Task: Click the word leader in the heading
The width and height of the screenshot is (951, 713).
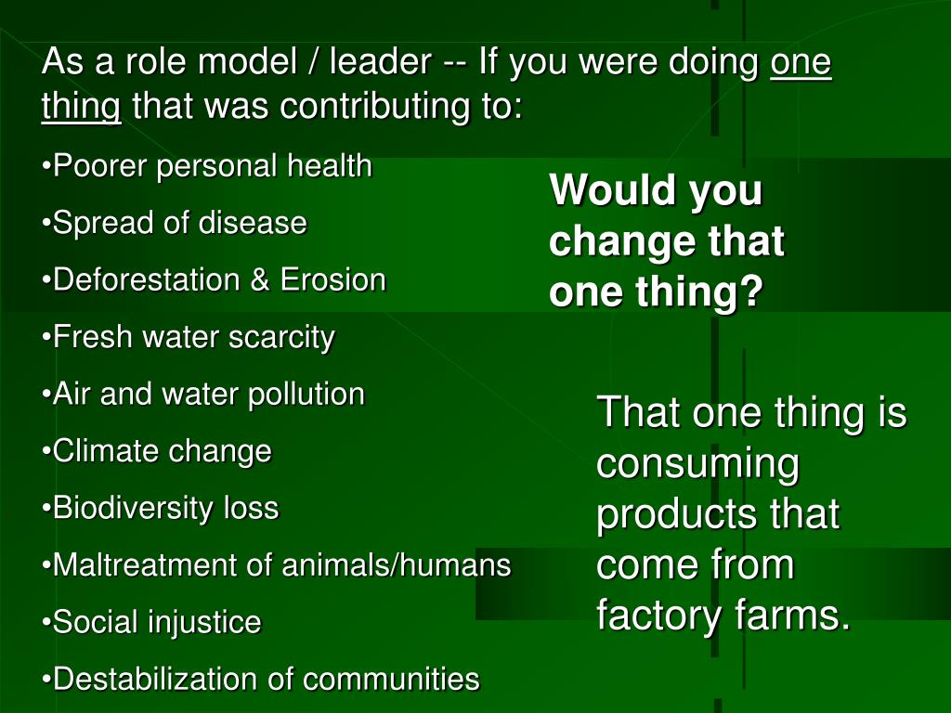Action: pyautogui.click(x=380, y=63)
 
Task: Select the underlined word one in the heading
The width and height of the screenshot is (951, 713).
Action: pyautogui.click(x=801, y=63)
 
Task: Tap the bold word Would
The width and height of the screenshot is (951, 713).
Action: pyautogui.click(x=610, y=191)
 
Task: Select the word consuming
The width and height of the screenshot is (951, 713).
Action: pyautogui.click(x=697, y=463)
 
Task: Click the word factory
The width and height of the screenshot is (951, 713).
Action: pyautogui.click(x=656, y=615)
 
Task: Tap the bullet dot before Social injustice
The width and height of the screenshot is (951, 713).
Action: pyautogui.click(x=47, y=623)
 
